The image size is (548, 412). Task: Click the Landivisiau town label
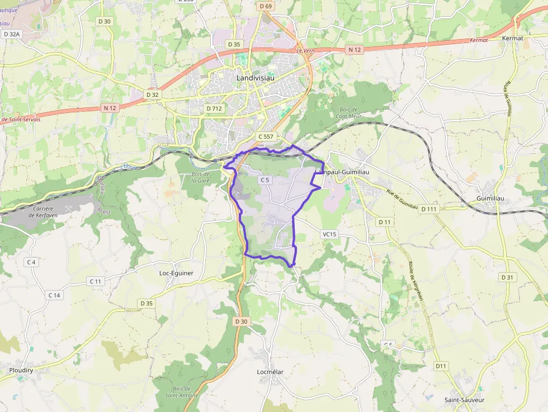pyautogui.click(x=257, y=78)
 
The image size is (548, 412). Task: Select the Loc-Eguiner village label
pyautogui.click(x=176, y=273)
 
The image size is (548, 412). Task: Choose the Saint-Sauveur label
pyautogui.click(x=464, y=400)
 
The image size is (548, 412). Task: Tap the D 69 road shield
pyautogui.click(x=266, y=6)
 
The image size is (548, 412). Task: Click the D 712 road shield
pyautogui.click(x=214, y=108)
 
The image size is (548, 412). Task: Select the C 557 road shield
pyautogui.click(x=267, y=136)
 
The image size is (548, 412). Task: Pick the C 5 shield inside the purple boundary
pyautogui.click(x=264, y=180)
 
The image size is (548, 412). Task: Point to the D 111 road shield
pyautogui.click(x=429, y=209)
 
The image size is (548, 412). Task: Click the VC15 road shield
pyautogui.click(x=329, y=234)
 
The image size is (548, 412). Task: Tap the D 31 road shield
pyautogui.click(x=507, y=277)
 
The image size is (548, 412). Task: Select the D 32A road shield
pyautogui.click(x=11, y=34)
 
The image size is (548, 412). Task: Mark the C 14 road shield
pyautogui.click(x=54, y=295)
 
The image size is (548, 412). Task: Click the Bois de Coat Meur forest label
pyautogui.click(x=348, y=113)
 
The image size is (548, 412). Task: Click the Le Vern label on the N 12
pyautogui.click(x=306, y=51)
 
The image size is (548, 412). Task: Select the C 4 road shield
pyautogui.click(x=31, y=262)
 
